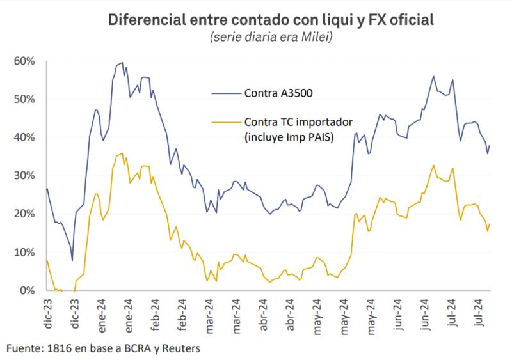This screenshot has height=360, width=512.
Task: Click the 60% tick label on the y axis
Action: pos(24,61)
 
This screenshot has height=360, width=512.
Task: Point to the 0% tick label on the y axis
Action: pos(27,290)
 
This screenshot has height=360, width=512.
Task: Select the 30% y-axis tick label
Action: pos(24,175)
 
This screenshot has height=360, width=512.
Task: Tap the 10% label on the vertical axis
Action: pos(24,252)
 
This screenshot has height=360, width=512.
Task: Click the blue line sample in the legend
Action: pos(224,94)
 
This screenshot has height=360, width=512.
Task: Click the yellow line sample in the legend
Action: pos(224,121)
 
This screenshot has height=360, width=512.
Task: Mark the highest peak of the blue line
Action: pos(122,63)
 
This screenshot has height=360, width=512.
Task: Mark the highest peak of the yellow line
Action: pos(122,154)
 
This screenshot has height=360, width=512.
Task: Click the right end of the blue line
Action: pos(490,145)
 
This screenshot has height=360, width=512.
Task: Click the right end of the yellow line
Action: pos(490,224)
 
